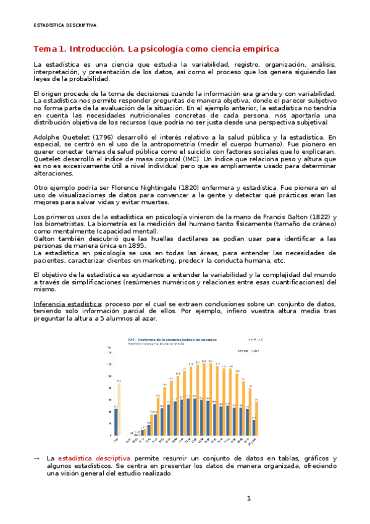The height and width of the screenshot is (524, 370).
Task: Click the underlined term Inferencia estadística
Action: point(68,303)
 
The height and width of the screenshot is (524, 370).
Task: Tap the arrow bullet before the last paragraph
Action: point(36,458)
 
